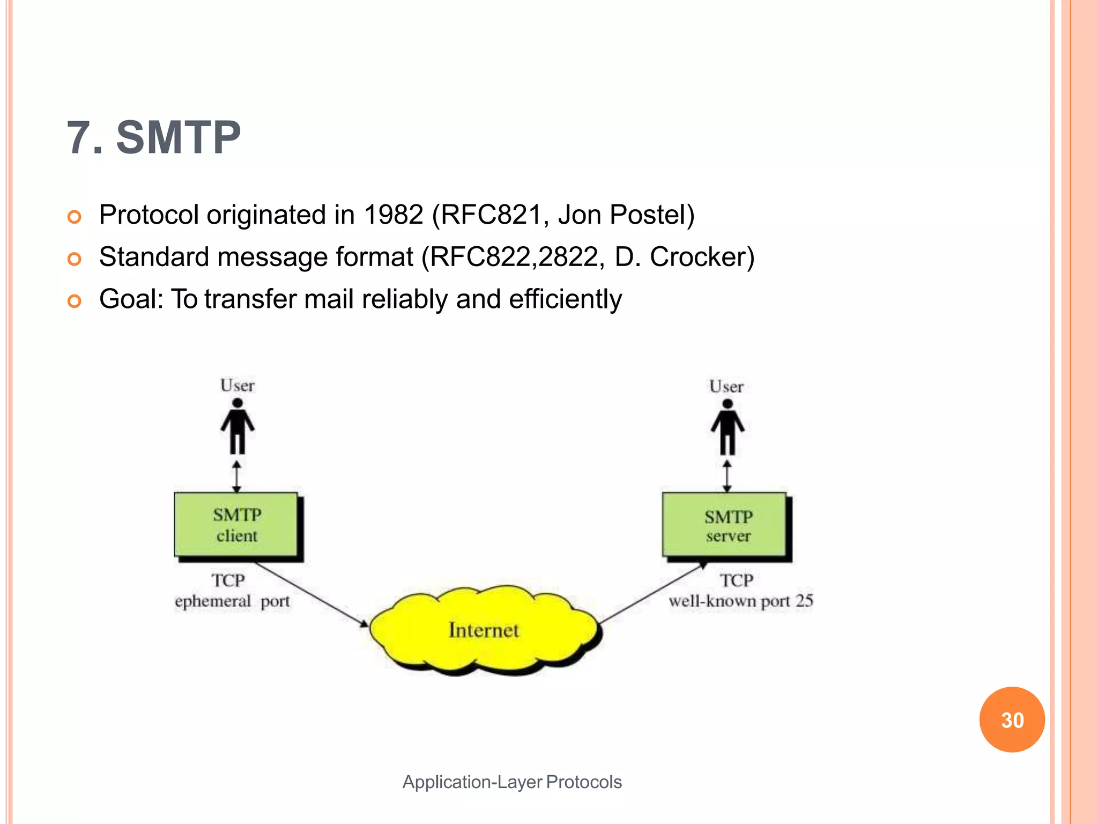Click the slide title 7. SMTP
coord(154,138)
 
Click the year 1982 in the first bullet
coord(393,215)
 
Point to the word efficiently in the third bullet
coord(565,299)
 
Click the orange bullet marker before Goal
coord(75,301)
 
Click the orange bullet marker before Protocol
coord(75,217)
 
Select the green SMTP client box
coord(236,525)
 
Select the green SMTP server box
coord(725,525)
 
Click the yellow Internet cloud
coord(484,630)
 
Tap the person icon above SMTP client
coord(238,426)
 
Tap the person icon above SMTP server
coord(728,428)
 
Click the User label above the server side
coord(726,387)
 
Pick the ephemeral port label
coord(232,601)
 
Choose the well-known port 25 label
coord(741,601)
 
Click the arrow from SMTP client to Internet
coord(311,594)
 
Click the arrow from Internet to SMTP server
coord(651,593)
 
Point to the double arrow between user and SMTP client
coord(237,476)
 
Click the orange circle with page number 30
coord(1012,719)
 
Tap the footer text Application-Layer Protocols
coord(512,782)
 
